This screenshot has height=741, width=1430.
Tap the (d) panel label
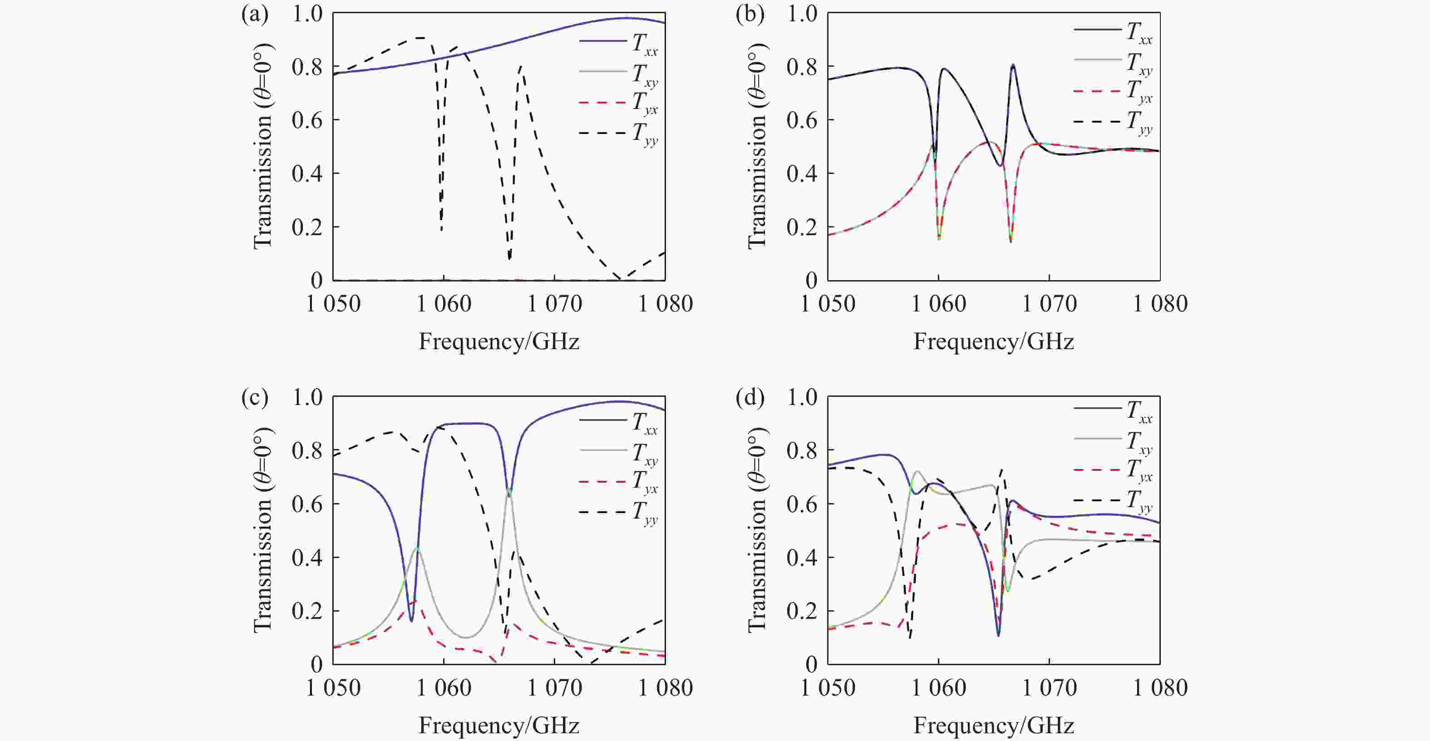[x=750, y=398]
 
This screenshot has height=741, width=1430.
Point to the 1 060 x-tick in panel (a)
[x=444, y=304]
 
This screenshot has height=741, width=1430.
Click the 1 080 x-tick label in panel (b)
[x=1159, y=304]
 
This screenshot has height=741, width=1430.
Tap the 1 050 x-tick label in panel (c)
[x=333, y=688]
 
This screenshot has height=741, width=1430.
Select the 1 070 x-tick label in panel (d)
[x=1049, y=688]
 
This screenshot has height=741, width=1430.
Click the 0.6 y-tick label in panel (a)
[x=307, y=120]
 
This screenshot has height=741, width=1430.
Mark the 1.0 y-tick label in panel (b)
[x=802, y=13]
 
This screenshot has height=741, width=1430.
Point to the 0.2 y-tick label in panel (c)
[x=307, y=611]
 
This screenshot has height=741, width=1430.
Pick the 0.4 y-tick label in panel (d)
[x=802, y=557]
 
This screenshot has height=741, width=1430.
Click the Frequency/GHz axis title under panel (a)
[x=498, y=341]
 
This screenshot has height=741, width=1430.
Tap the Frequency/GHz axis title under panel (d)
[x=994, y=726]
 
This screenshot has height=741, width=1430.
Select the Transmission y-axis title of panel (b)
[x=757, y=147]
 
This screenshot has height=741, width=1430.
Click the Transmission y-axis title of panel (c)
[x=262, y=530]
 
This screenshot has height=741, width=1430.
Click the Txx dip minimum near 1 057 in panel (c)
[x=411, y=621]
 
